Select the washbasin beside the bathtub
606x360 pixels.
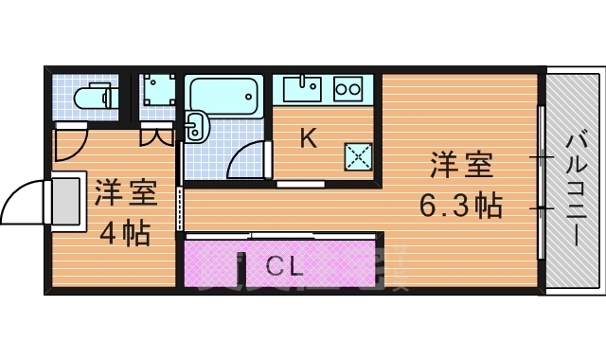point(197,126)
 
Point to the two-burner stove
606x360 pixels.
point(348,89)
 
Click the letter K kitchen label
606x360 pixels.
point(308,138)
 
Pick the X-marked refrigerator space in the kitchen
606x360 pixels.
point(359,155)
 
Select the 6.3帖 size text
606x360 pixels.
point(461,205)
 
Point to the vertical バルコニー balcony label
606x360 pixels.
point(576,189)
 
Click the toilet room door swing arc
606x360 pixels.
point(69,145)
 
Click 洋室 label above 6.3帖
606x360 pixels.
point(461,165)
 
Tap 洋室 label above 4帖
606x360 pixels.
point(125,193)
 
